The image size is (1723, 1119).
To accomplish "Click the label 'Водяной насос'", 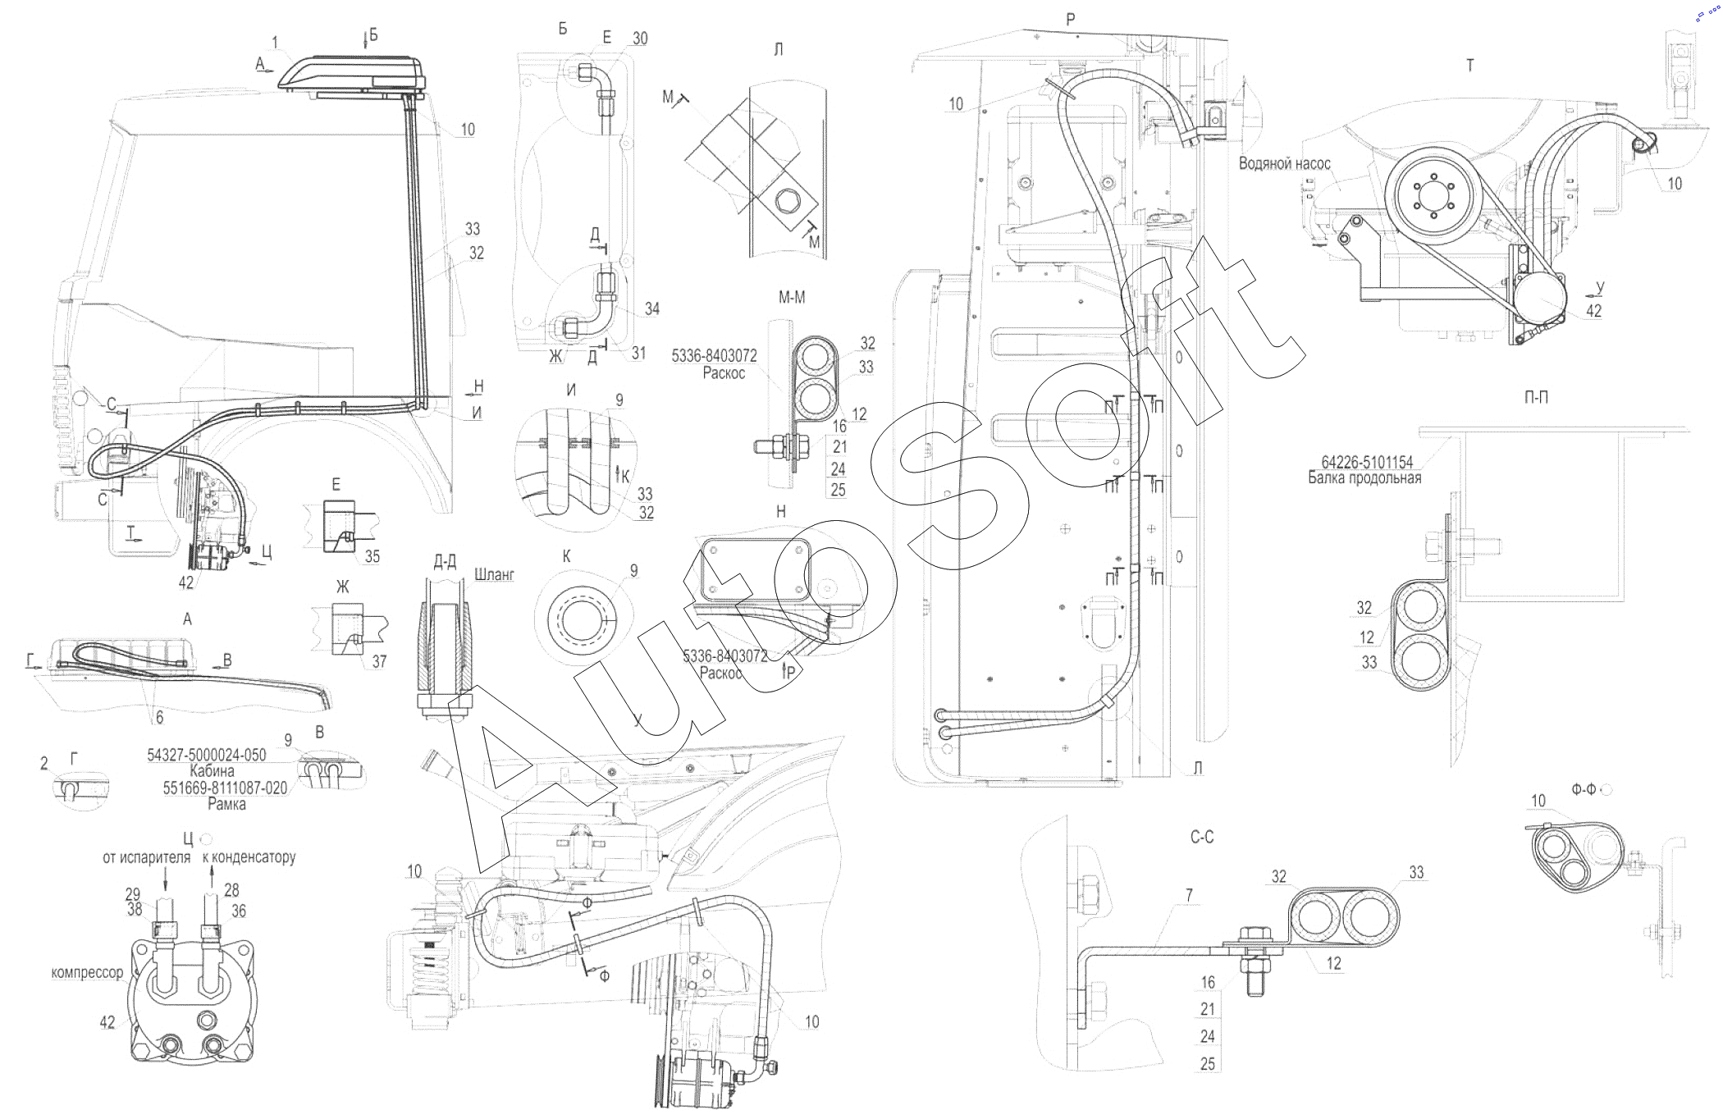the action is coord(1284,164).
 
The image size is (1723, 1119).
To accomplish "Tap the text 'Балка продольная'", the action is coord(1364,477).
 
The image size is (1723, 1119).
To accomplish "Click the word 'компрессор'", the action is coord(87,973).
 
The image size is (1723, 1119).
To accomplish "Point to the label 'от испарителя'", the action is coord(146,858).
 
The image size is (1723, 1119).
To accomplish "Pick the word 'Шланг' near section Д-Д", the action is coord(494,576).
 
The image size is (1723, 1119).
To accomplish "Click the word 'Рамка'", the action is coord(226,805).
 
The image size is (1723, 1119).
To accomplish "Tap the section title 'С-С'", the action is coord(1201,838).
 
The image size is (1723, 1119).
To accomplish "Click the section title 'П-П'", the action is coord(1536,397).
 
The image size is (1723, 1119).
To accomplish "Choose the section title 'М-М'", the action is coord(792,299).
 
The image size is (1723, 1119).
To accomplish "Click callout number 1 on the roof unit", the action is coord(276,41).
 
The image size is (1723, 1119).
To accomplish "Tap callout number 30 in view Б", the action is coord(640,39).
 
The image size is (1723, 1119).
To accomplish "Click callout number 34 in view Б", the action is coord(652,308).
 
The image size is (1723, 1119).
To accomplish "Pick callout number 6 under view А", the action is coord(159,718).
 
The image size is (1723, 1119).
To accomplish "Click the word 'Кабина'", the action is coord(212,771).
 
